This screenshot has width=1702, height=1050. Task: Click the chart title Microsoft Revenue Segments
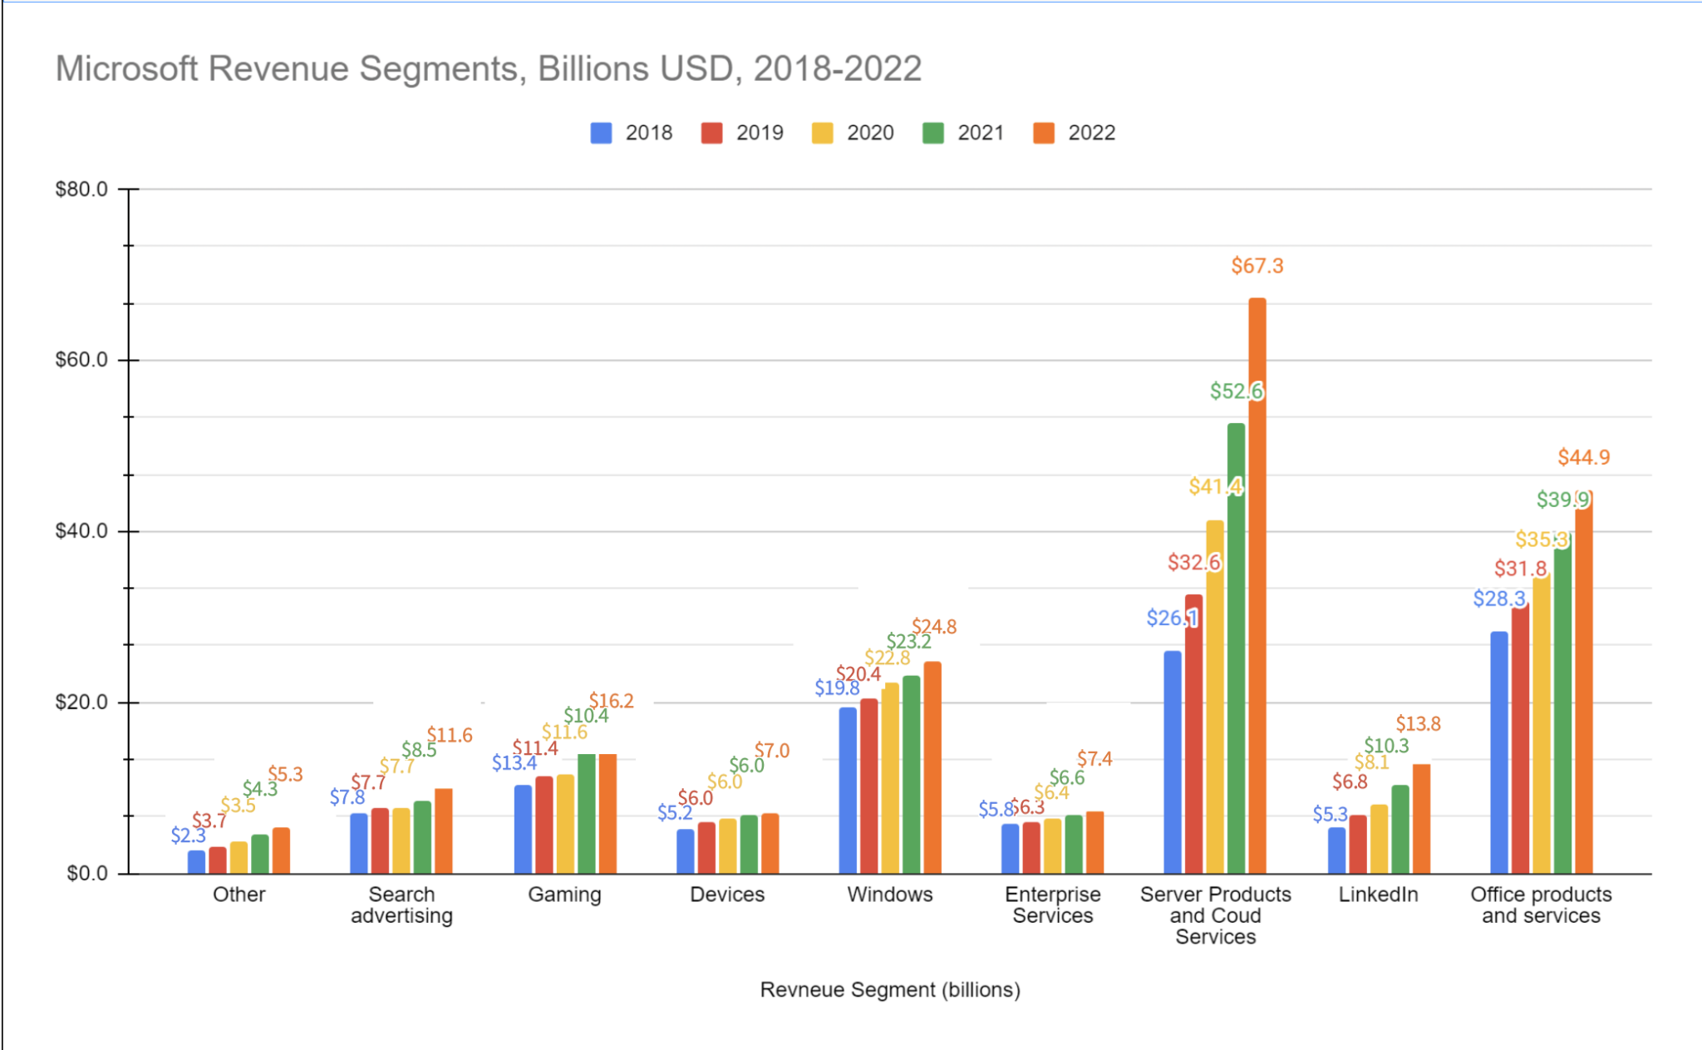[488, 68]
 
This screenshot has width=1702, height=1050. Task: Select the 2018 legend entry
[632, 133]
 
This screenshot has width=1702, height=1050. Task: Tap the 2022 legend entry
[1074, 133]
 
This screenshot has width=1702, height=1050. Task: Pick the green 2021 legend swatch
[932, 133]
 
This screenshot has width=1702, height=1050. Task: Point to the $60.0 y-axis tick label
[81, 360]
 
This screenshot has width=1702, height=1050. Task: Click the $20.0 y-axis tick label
[81, 702]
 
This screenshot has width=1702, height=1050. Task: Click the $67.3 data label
[1257, 266]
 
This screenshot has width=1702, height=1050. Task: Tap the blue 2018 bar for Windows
[847, 790]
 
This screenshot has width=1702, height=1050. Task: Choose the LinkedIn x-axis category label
[1378, 895]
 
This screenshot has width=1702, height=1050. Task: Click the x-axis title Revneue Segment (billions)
[889, 989]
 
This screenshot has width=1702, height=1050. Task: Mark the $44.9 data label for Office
[1583, 457]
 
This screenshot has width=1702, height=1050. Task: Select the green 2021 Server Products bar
[1236, 648]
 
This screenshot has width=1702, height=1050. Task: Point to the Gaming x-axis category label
[564, 895]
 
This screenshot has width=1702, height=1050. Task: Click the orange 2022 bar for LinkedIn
[1421, 819]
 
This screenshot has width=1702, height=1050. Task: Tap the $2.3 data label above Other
[188, 836]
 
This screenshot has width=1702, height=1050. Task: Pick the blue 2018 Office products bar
[1498, 752]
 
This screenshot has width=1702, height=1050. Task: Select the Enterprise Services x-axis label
[1052, 905]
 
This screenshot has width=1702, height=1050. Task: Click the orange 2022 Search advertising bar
[443, 831]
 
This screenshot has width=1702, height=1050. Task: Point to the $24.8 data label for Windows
[934, 627]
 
